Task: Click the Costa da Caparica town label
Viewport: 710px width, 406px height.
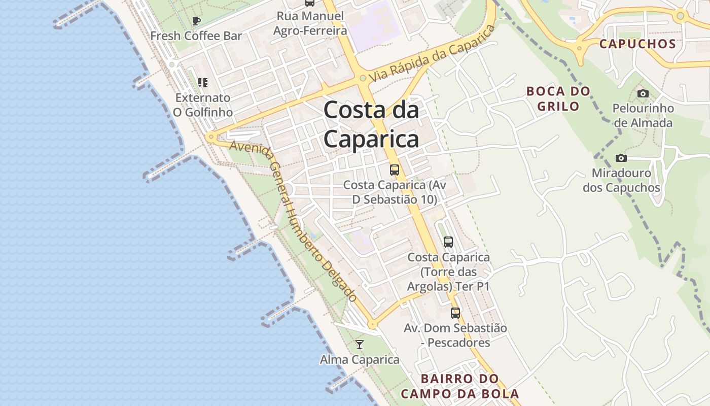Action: (x=371, y=124)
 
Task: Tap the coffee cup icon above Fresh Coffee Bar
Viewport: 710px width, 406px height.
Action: (x=196, y=21)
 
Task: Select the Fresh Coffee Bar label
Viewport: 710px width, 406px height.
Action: (x=196, y=36)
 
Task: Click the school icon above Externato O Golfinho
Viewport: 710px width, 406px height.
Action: (x=203, y=82)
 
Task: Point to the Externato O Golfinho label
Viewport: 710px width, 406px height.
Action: (x=203, y=105)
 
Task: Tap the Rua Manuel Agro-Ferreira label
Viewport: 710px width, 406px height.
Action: (x=310, y=23)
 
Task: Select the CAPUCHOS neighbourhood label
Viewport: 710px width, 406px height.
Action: (x=637, y=44)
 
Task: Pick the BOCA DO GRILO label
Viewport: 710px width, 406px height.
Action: (x=558, y=98)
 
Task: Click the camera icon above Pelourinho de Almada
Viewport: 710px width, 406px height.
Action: (x=643, y=93)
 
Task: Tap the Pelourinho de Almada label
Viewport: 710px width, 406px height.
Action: (x=643, y=116)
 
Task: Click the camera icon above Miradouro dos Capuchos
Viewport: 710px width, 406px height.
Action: (x=621, y=158)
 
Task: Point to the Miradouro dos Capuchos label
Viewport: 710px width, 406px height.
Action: (x=621, y=181)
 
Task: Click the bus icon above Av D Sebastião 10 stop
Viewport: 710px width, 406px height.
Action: (x=395, y=170)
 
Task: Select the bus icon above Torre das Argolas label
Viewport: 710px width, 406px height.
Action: (x=448, y=242)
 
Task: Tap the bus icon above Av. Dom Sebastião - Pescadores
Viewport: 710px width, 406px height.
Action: (x=455, y=313)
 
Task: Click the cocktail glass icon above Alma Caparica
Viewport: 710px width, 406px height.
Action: (x=360, y=345)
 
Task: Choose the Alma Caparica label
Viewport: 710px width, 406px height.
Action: (x=360, y=360)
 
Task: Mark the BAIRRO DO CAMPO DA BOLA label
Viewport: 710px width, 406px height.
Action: (x=459, y=386)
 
